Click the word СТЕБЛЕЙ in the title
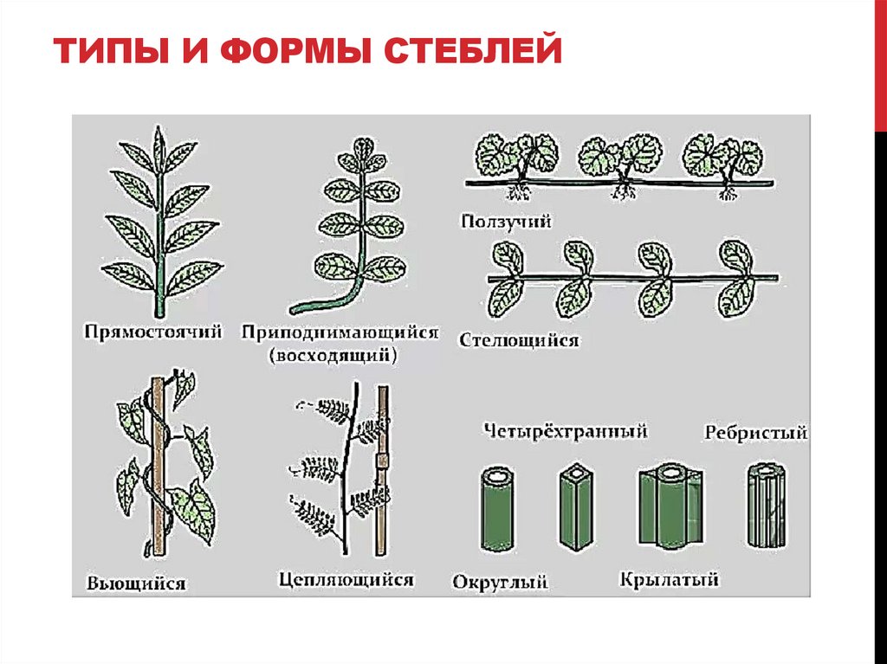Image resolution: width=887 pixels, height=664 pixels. point(471,53)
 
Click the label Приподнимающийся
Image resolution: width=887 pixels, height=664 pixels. point(340,332)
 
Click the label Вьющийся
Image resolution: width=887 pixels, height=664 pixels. point(136,583)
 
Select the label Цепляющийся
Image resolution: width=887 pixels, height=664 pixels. point(346,579)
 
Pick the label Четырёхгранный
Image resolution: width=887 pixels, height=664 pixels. point(567,429)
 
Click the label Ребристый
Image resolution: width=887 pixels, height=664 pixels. point(755,432)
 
